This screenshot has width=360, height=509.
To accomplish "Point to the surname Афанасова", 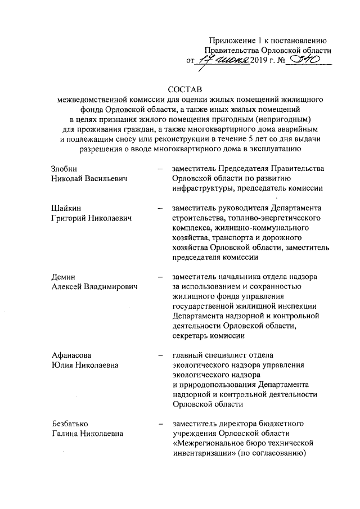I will tap(68, 355).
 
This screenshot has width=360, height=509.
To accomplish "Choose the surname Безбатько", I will tap(68, 423).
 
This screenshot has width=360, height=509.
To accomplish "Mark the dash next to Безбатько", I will tap(161, 423).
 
